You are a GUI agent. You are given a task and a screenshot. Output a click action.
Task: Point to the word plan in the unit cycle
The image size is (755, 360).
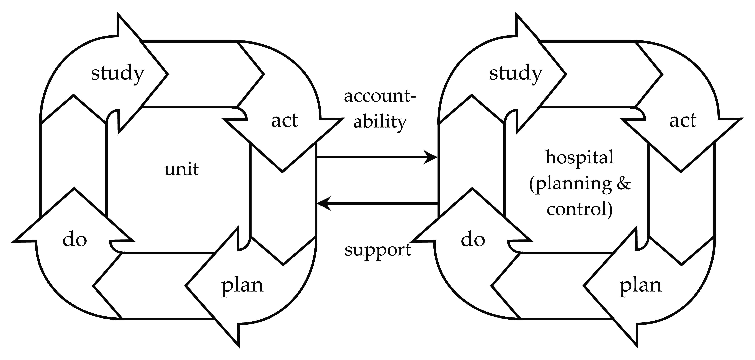pos(242,286)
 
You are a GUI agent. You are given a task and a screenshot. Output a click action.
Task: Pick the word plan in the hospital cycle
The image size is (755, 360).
pos(641,286)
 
